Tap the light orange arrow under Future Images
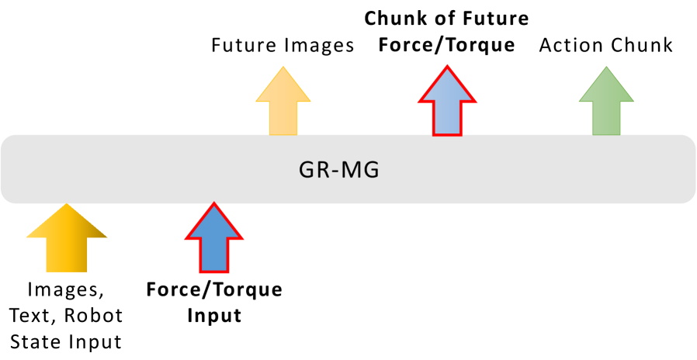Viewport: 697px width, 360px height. [x=283, y=102]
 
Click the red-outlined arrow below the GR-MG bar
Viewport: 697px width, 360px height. [x=213, y=238]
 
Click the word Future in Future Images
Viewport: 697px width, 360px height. [x=243, y=46]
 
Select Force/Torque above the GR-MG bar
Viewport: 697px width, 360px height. [x=446, y=45]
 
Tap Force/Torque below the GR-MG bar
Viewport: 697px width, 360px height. [x=214, y=291]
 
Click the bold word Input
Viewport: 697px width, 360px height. [x=214, y=317]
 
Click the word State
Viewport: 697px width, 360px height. [x=47, y=341]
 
